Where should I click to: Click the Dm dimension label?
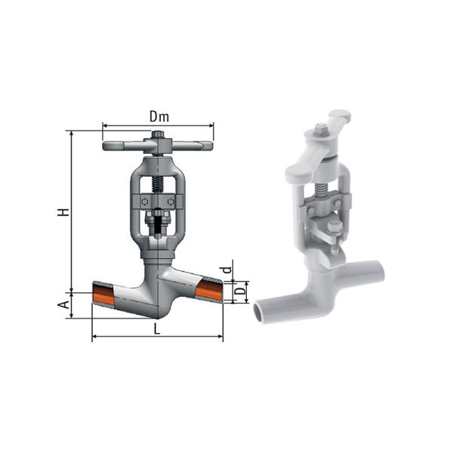[159, 117]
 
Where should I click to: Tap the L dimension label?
[156, 329]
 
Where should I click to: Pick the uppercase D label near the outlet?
[239, 290]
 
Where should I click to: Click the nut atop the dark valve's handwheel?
[158, 134]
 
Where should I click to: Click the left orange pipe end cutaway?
[103, 293]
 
